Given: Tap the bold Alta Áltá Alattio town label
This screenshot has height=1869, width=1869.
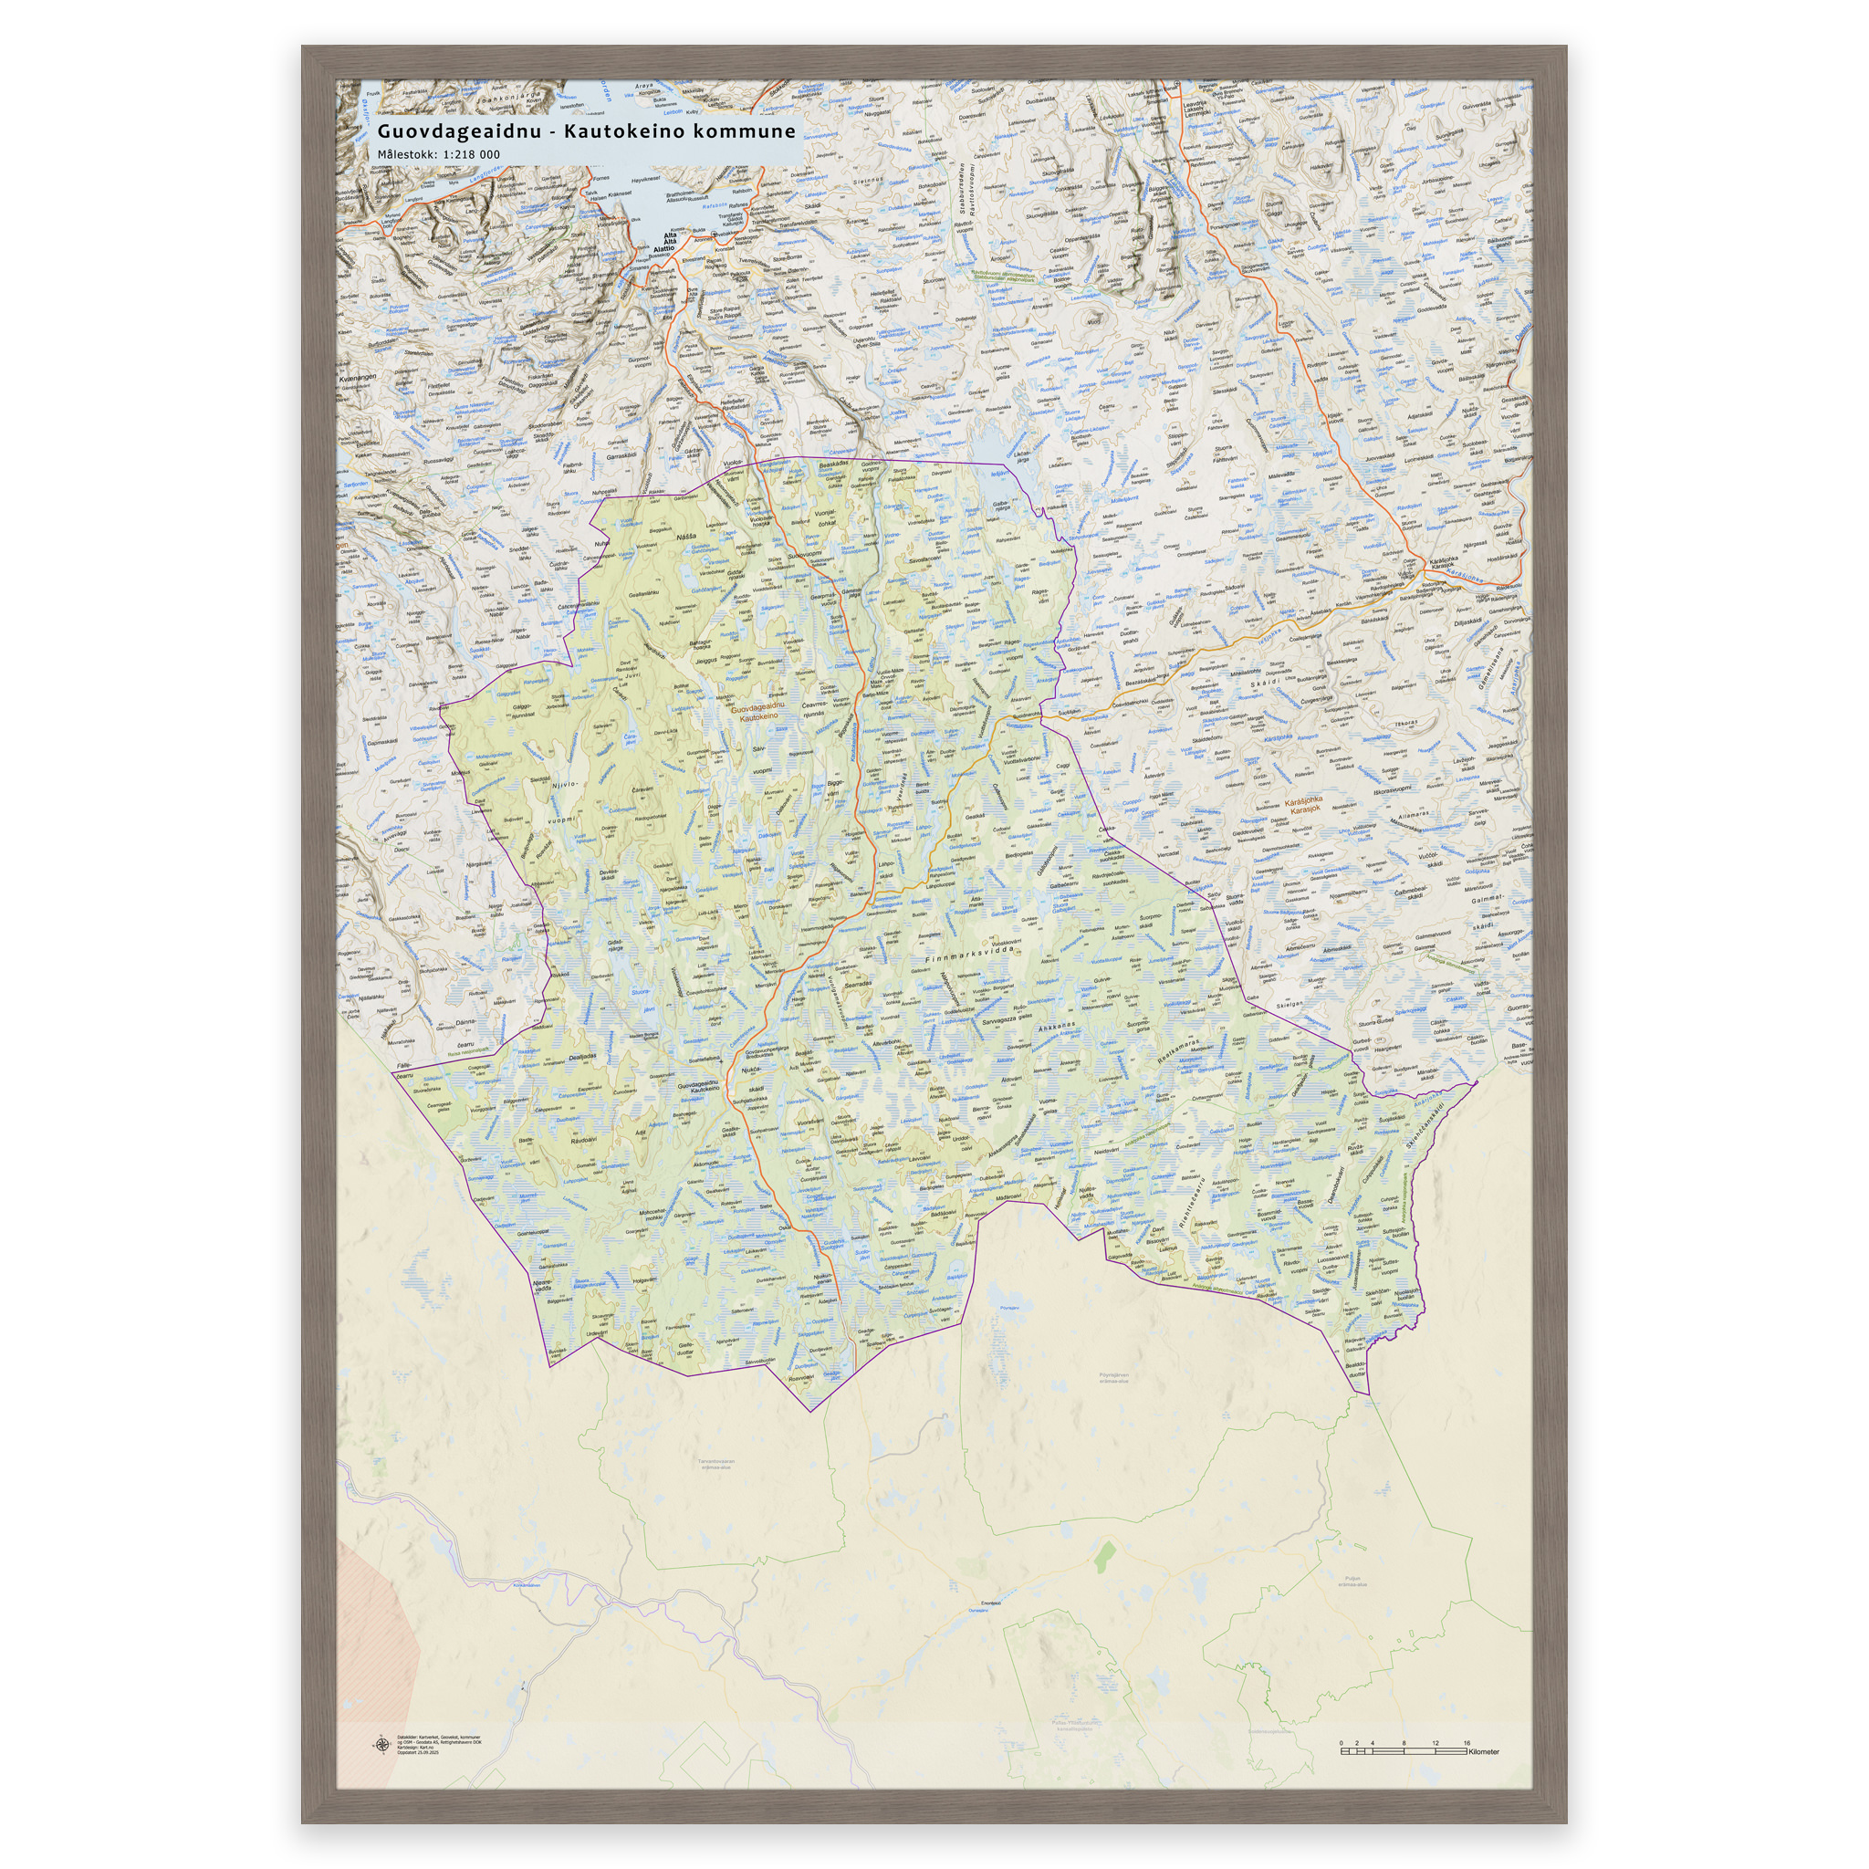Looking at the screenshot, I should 666,241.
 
